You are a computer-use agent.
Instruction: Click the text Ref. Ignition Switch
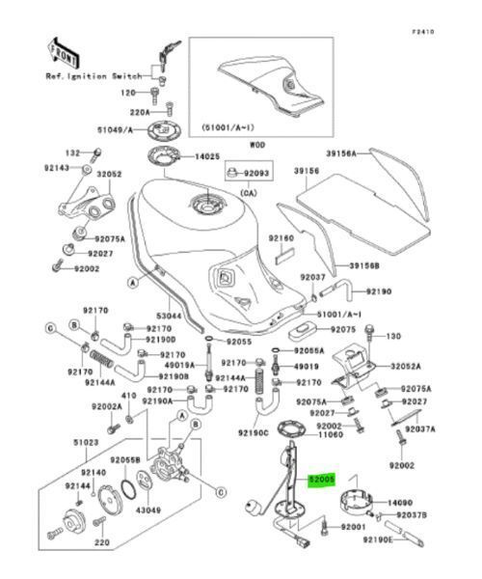93,74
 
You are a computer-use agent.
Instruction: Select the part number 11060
331,435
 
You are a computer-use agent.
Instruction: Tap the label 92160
280,237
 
